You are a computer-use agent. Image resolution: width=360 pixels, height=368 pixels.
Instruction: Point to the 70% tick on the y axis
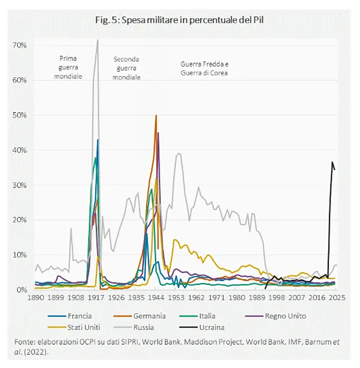point(20,45)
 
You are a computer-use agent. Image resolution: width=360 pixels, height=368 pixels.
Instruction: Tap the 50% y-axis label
point(20,115)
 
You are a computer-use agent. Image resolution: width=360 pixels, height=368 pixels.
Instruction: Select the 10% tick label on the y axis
point(20,255)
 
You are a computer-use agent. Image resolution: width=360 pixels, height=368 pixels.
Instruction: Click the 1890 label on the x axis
point(36,298)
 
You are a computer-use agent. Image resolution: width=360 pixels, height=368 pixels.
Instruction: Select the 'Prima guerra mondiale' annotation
point(68,67)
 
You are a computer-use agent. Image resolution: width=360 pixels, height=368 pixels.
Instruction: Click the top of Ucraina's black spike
point(332,162)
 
